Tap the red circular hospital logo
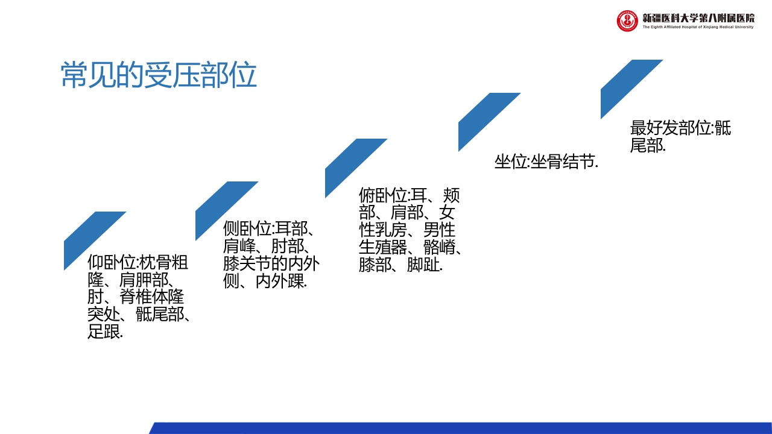pyautogui.click(x=627, y=21)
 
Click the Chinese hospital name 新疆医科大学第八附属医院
pyautogui.click(x=698, y=17)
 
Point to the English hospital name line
pyautogui.click(x=698, y=27)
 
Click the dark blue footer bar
pyautogui.click(x=458, y=428)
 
